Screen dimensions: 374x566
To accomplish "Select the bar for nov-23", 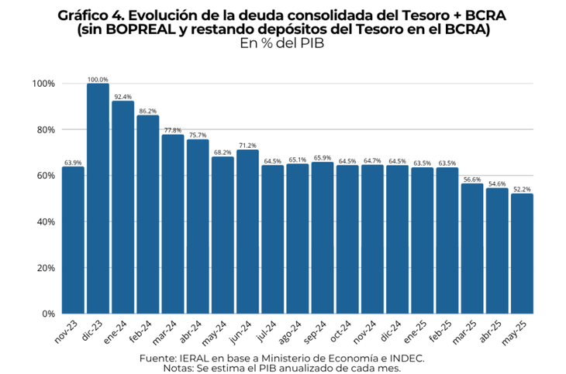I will click(73, 240).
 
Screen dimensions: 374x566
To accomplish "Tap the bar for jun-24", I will click(247, 232).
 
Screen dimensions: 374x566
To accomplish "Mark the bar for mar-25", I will click(472, 249).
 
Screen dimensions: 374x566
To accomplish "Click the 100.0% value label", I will click(98, 79).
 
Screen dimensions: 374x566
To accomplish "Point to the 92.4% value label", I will click(123, 97).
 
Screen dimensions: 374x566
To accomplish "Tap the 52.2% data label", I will click(522, 190).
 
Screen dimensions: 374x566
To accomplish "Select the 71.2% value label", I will click(247, 146).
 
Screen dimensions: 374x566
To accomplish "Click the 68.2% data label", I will click(223, 153).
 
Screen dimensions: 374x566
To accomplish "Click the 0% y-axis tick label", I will click(47, 314).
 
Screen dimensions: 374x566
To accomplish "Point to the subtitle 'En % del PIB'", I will click(282, 44).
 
